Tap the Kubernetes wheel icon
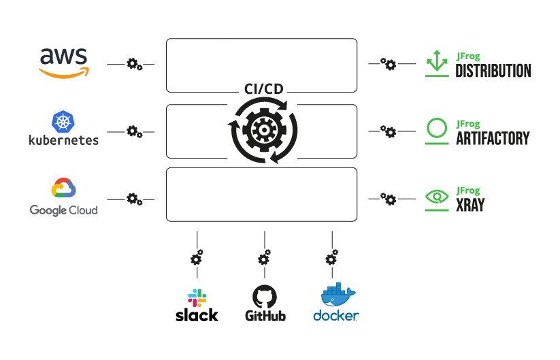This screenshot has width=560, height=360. tap(63, 122)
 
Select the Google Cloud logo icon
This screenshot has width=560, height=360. tap(63, 189)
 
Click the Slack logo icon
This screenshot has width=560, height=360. tap(197, 297)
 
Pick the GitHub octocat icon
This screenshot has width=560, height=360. tap(265, 297)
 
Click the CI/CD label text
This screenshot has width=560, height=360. tap(263, 89)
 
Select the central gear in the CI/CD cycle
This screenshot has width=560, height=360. tap(263, 129)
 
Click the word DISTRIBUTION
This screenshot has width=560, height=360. tap(493, 71)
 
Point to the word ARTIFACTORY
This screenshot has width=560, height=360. tap(492, 138)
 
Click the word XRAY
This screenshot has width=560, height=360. tap(470, 206)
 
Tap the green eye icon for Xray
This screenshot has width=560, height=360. tap(436, 197)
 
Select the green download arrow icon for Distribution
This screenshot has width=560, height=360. tap(436, 62)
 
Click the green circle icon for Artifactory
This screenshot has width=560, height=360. tap(436, 128)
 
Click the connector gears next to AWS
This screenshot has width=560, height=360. tap(135, 65)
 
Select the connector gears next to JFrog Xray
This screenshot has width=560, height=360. tap(388, 199)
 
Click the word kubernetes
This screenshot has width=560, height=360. tap(63, 140)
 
